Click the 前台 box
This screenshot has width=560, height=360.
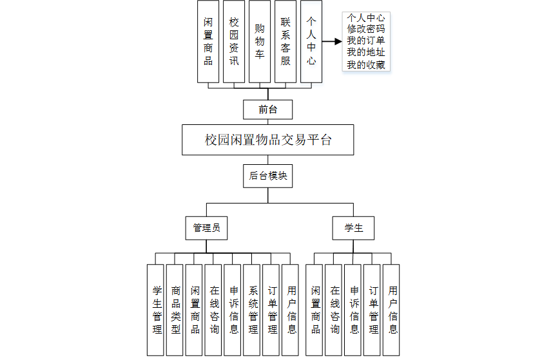tap(267, 109)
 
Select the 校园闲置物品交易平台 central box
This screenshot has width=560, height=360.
tap(267, 140)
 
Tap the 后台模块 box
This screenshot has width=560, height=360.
tap(267, 175)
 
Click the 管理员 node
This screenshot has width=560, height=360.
tap(206, 228)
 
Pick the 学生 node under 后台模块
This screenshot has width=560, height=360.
tap(353, 228)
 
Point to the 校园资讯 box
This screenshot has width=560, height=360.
tap(234, 41)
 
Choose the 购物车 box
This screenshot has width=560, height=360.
tap(260, 41)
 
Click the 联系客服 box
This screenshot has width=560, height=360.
tap(285, 41)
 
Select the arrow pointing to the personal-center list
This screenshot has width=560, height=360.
tap(331, 41)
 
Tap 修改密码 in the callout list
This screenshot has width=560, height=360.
tap(367, 29)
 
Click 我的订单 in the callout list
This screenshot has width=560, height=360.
tap(367, 41)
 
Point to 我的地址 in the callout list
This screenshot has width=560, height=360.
tap(367, 53)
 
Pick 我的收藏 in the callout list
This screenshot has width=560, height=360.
tap(367, 65)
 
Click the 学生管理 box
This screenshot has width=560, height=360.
tap(155, 310)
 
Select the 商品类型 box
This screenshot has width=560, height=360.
tap(175, 310)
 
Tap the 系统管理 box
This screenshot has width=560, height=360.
tap(252, 310)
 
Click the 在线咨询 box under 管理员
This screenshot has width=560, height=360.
tap(213, 310)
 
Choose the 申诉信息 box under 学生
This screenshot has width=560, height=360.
tap(353, 310)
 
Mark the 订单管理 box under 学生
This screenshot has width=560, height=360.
tap(372, 310)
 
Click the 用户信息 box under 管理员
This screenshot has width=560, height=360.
tap(291, 310)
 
